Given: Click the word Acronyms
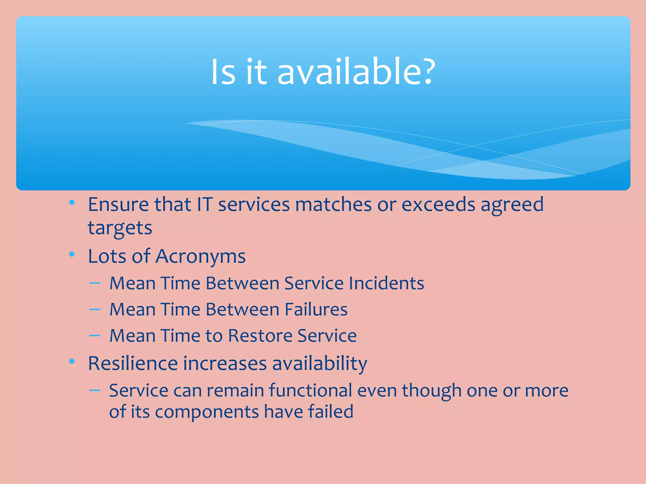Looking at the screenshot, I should (200, 256).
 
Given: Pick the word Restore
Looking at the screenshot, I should (260, 335).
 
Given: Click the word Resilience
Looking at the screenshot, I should (132, 363).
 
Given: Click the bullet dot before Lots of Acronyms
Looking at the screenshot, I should (72, 254).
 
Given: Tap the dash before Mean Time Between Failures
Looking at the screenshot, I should (95, 309).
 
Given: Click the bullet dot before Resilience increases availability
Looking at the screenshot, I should (72, 361).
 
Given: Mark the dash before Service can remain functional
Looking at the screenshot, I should (95, 391).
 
